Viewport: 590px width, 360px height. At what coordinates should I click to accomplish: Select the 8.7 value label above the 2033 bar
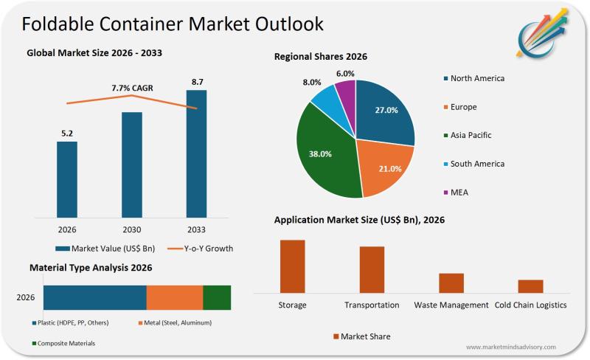(x=197, y=81)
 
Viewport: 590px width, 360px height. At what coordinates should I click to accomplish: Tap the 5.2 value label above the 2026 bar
(x=67, y=134)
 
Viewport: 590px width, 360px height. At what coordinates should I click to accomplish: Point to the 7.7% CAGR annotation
(x=131, y=88)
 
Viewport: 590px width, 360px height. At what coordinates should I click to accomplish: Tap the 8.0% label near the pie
(x=312, y=83)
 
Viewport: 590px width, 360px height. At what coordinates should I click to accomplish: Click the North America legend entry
(x=477, y=78)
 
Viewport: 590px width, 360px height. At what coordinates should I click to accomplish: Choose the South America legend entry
(x=477, y=164)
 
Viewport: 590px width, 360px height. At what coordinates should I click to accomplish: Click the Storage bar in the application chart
(x=292, y=266)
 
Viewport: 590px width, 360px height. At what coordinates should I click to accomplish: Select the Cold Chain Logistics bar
(x=530, y=285)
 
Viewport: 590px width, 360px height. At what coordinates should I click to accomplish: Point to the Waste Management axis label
(x=451, y=305)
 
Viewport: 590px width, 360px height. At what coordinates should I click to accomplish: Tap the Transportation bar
(x=372, y=269)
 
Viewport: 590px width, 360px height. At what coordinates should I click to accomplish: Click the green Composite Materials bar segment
(x=217, y=297)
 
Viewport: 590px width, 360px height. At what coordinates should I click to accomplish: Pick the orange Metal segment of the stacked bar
(x=175, y=297)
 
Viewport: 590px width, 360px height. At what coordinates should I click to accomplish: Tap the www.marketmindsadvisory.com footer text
(x=511, y=347)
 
